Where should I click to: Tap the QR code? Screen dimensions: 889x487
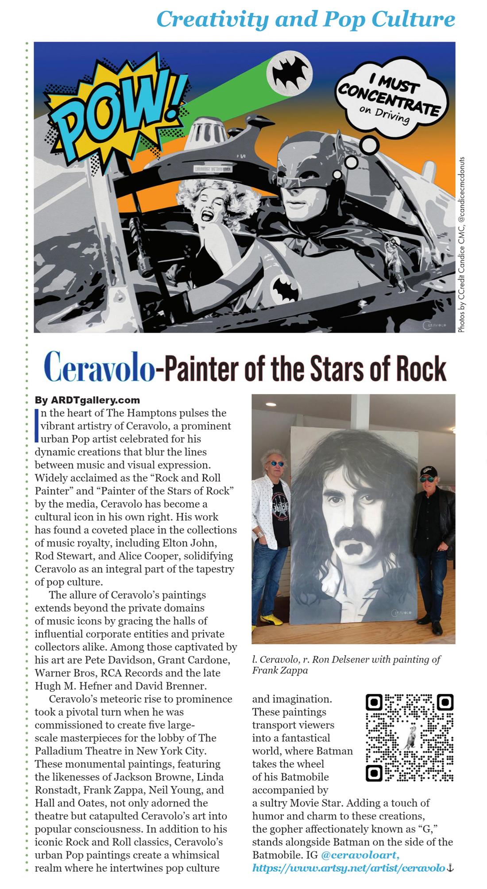click(410, 737)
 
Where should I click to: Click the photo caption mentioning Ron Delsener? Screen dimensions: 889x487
click(346, 665)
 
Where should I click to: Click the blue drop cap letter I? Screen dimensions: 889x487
click(37, 425)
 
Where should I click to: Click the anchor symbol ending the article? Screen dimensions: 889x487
click(450, 868)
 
